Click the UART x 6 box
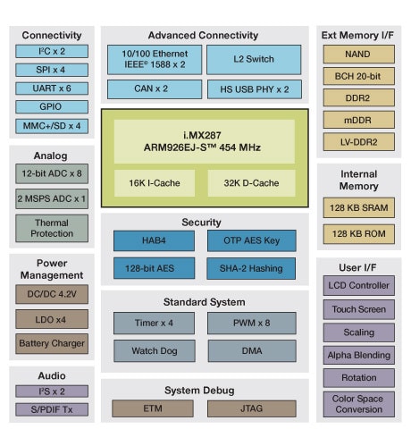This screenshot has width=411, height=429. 52,88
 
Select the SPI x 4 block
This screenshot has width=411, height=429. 52,70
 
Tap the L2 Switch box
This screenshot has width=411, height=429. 254,60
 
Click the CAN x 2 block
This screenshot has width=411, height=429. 151,89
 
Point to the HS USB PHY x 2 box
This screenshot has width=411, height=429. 254,89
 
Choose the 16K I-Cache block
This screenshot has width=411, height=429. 155,182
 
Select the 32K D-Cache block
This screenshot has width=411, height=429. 251,182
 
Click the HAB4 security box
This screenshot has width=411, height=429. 155,240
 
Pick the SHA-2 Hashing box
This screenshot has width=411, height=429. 251,268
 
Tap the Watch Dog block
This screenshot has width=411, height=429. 155,351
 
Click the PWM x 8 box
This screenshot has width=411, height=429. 251,324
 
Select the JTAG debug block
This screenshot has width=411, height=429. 251,408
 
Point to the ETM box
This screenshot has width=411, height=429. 155,408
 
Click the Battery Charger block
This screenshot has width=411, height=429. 52,343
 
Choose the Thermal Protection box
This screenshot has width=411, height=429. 52,228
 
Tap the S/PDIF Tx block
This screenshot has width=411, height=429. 52,409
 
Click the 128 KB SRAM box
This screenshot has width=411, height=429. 358,208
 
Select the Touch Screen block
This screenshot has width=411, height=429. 358,309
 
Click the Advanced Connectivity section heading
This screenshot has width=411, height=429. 205,35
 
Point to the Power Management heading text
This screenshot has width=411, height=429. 52,270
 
